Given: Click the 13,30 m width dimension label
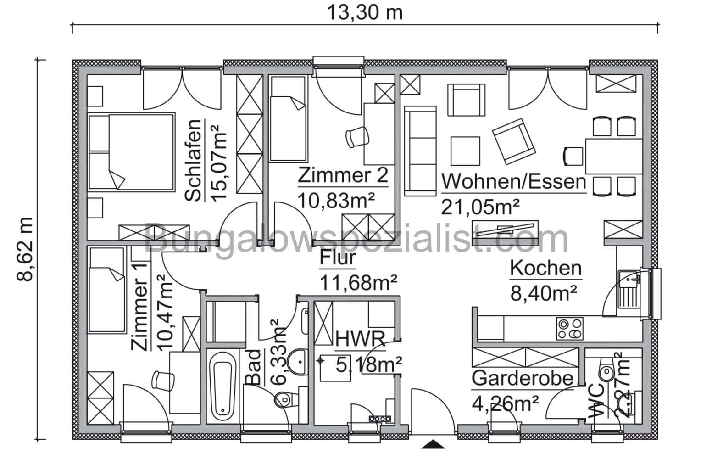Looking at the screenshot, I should click(x=365, y=12).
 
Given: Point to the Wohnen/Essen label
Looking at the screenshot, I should click(x=513, y=181).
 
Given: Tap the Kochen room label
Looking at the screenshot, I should click(x=545, y=268).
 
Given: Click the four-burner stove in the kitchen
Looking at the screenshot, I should click(x=569, y=329).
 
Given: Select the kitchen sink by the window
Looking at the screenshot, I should click(x=628, y=289).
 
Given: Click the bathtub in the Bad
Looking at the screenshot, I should click(x=223, y=386).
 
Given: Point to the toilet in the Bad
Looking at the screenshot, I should click(x=283, y=400).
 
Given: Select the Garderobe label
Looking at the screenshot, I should click(x=523, y=378).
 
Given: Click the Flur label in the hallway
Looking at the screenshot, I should click(x=338, y=258).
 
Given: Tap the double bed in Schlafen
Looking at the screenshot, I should click(x=131, y=152).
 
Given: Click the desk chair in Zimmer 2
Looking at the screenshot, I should click(x=357, y=137).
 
